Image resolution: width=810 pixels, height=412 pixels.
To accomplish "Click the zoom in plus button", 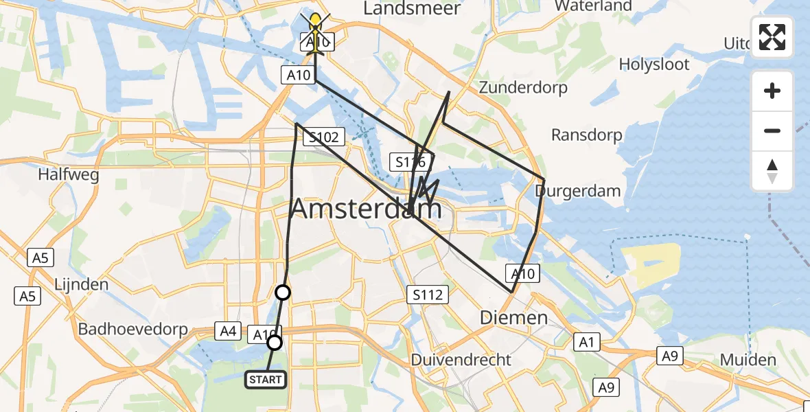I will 772,91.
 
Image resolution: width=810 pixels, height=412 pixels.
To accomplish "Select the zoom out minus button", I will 772,130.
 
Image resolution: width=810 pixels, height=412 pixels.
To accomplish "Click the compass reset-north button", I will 772,170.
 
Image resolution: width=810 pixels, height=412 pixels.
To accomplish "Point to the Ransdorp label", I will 587,135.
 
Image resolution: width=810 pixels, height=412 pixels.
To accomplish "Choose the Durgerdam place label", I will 578,191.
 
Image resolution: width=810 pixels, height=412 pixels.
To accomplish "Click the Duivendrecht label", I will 461,360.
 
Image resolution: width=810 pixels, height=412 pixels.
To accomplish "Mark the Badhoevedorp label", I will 133,330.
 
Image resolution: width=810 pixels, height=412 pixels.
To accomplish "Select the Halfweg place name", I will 69,174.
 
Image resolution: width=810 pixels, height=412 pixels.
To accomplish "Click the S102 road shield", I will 323,137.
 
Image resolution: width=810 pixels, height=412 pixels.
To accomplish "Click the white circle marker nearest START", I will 274,343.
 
